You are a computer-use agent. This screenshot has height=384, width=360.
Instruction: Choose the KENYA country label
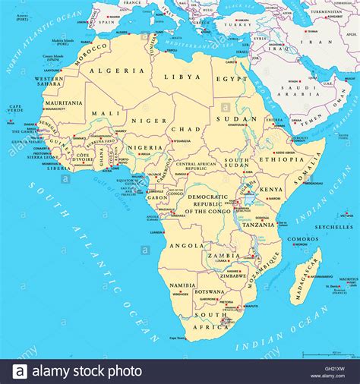(271, 189)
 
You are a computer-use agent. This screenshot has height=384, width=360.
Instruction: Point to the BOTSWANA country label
(210, 291)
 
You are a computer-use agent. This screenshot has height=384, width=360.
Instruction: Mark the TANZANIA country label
(258, 225)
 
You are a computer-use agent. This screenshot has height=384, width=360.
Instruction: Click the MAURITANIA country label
(64, 102)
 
